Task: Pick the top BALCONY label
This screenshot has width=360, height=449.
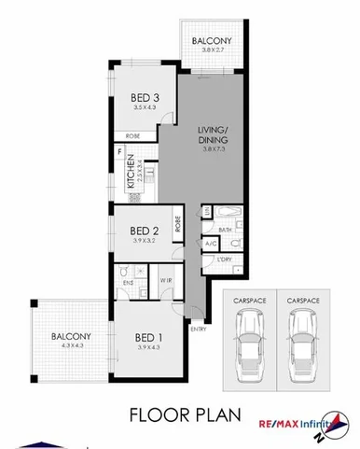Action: coord(212,41)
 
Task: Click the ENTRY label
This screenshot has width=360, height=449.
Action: coord(199,329)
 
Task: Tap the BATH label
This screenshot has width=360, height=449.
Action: coord(225,229)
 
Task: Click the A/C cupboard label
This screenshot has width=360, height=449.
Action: coord(211,244)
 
